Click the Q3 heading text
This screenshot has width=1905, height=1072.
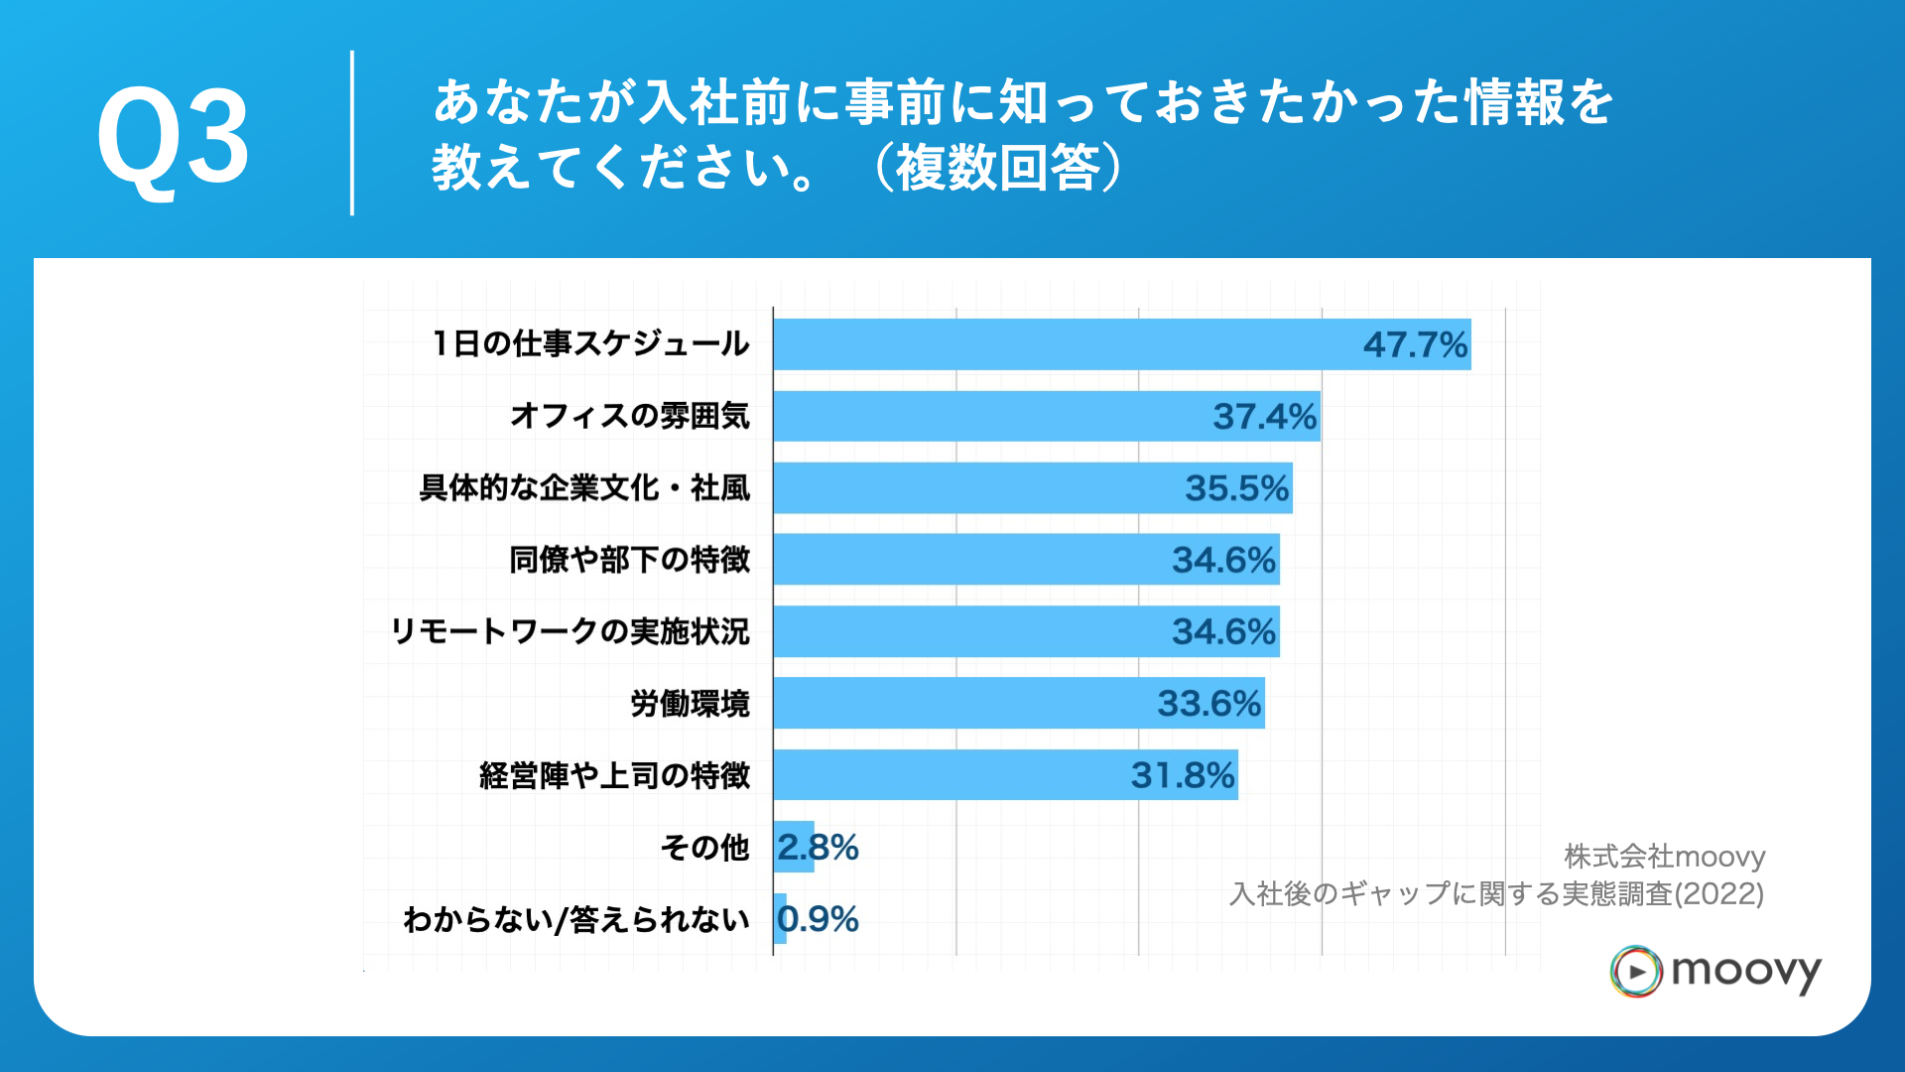(x=174, y=136)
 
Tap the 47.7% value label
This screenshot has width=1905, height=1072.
(x=1414, y=344)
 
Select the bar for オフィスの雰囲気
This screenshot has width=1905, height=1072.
(x=992, y=416)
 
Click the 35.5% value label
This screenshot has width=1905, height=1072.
(x=1236, y=488)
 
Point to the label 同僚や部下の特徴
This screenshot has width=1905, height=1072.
(x=629, y=560)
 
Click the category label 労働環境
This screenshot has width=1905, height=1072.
(x=690, y=704)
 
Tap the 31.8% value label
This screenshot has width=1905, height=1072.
(x=1183, y=775)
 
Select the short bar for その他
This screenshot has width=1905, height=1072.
(x=794, y=847)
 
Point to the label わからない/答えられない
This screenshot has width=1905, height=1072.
(x=575, y=919)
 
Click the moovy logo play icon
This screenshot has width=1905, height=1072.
(x=1636, y=971)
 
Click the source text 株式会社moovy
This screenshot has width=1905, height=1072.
(x=1664, y=857)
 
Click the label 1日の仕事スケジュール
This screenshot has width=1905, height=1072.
(x=590, y=344)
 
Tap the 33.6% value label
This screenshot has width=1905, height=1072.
(x=1208, y=704)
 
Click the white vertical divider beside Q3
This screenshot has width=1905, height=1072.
(x=352, y=133)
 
